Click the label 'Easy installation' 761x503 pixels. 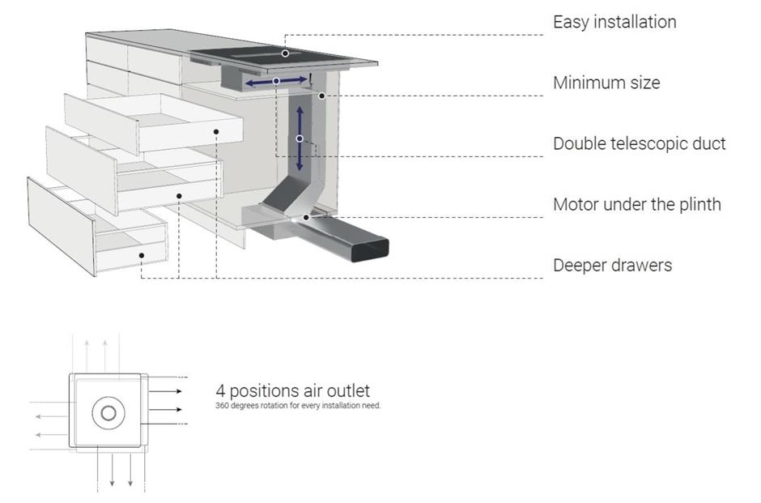(x=614, y=22)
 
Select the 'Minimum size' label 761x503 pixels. (x=606, y=83)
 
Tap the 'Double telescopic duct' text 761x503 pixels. (x=639, y=143)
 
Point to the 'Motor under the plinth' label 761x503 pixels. (x=636, y=204)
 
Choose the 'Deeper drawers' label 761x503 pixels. (x=612, y=265)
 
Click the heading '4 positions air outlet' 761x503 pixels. (x=292, y=391)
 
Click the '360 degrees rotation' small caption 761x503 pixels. (x=298, y=406)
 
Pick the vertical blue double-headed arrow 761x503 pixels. (x=300, y=138)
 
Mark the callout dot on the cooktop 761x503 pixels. (x=285, y=53)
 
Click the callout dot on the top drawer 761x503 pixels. (x=217, y=130)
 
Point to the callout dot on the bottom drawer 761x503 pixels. (x=142, y=255)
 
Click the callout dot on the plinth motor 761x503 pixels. (x=306, y=216)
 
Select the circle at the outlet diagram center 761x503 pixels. (x=108, y=414)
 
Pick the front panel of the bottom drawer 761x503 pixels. (x=62, y=227)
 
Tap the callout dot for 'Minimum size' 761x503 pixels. (x=321, y=96)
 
